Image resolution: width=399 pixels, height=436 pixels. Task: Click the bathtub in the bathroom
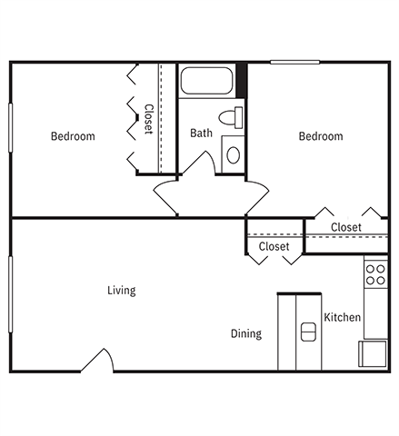(x=208, y=80)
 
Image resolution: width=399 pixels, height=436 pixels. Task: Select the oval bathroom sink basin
(x=234, y=154)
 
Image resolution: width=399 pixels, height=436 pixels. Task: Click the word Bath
(x=201, y=134)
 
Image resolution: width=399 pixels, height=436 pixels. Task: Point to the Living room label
(x=121, y=291)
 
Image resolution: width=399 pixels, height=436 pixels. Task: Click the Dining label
(x=245, y=333)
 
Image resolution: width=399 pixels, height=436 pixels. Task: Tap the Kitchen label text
(x=344, y=317)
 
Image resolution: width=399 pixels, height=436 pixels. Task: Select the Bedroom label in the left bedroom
(x=73, y=136)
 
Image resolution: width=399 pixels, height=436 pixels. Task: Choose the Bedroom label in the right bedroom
(x=321, y=136)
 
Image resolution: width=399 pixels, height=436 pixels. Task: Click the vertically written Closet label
(x=148, y=120)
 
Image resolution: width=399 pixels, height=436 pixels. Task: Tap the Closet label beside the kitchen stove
(x=345, y=227)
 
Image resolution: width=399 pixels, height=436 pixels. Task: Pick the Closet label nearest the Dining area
(x=274, y=246)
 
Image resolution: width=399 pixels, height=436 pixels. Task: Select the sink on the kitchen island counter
(x=308, y=333)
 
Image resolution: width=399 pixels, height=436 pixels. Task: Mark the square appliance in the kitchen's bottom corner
(x=374, y=353)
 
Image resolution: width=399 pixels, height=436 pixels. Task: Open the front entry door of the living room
(x=97, y=361)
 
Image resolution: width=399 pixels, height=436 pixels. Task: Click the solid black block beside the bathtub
(x=242, y=79)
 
